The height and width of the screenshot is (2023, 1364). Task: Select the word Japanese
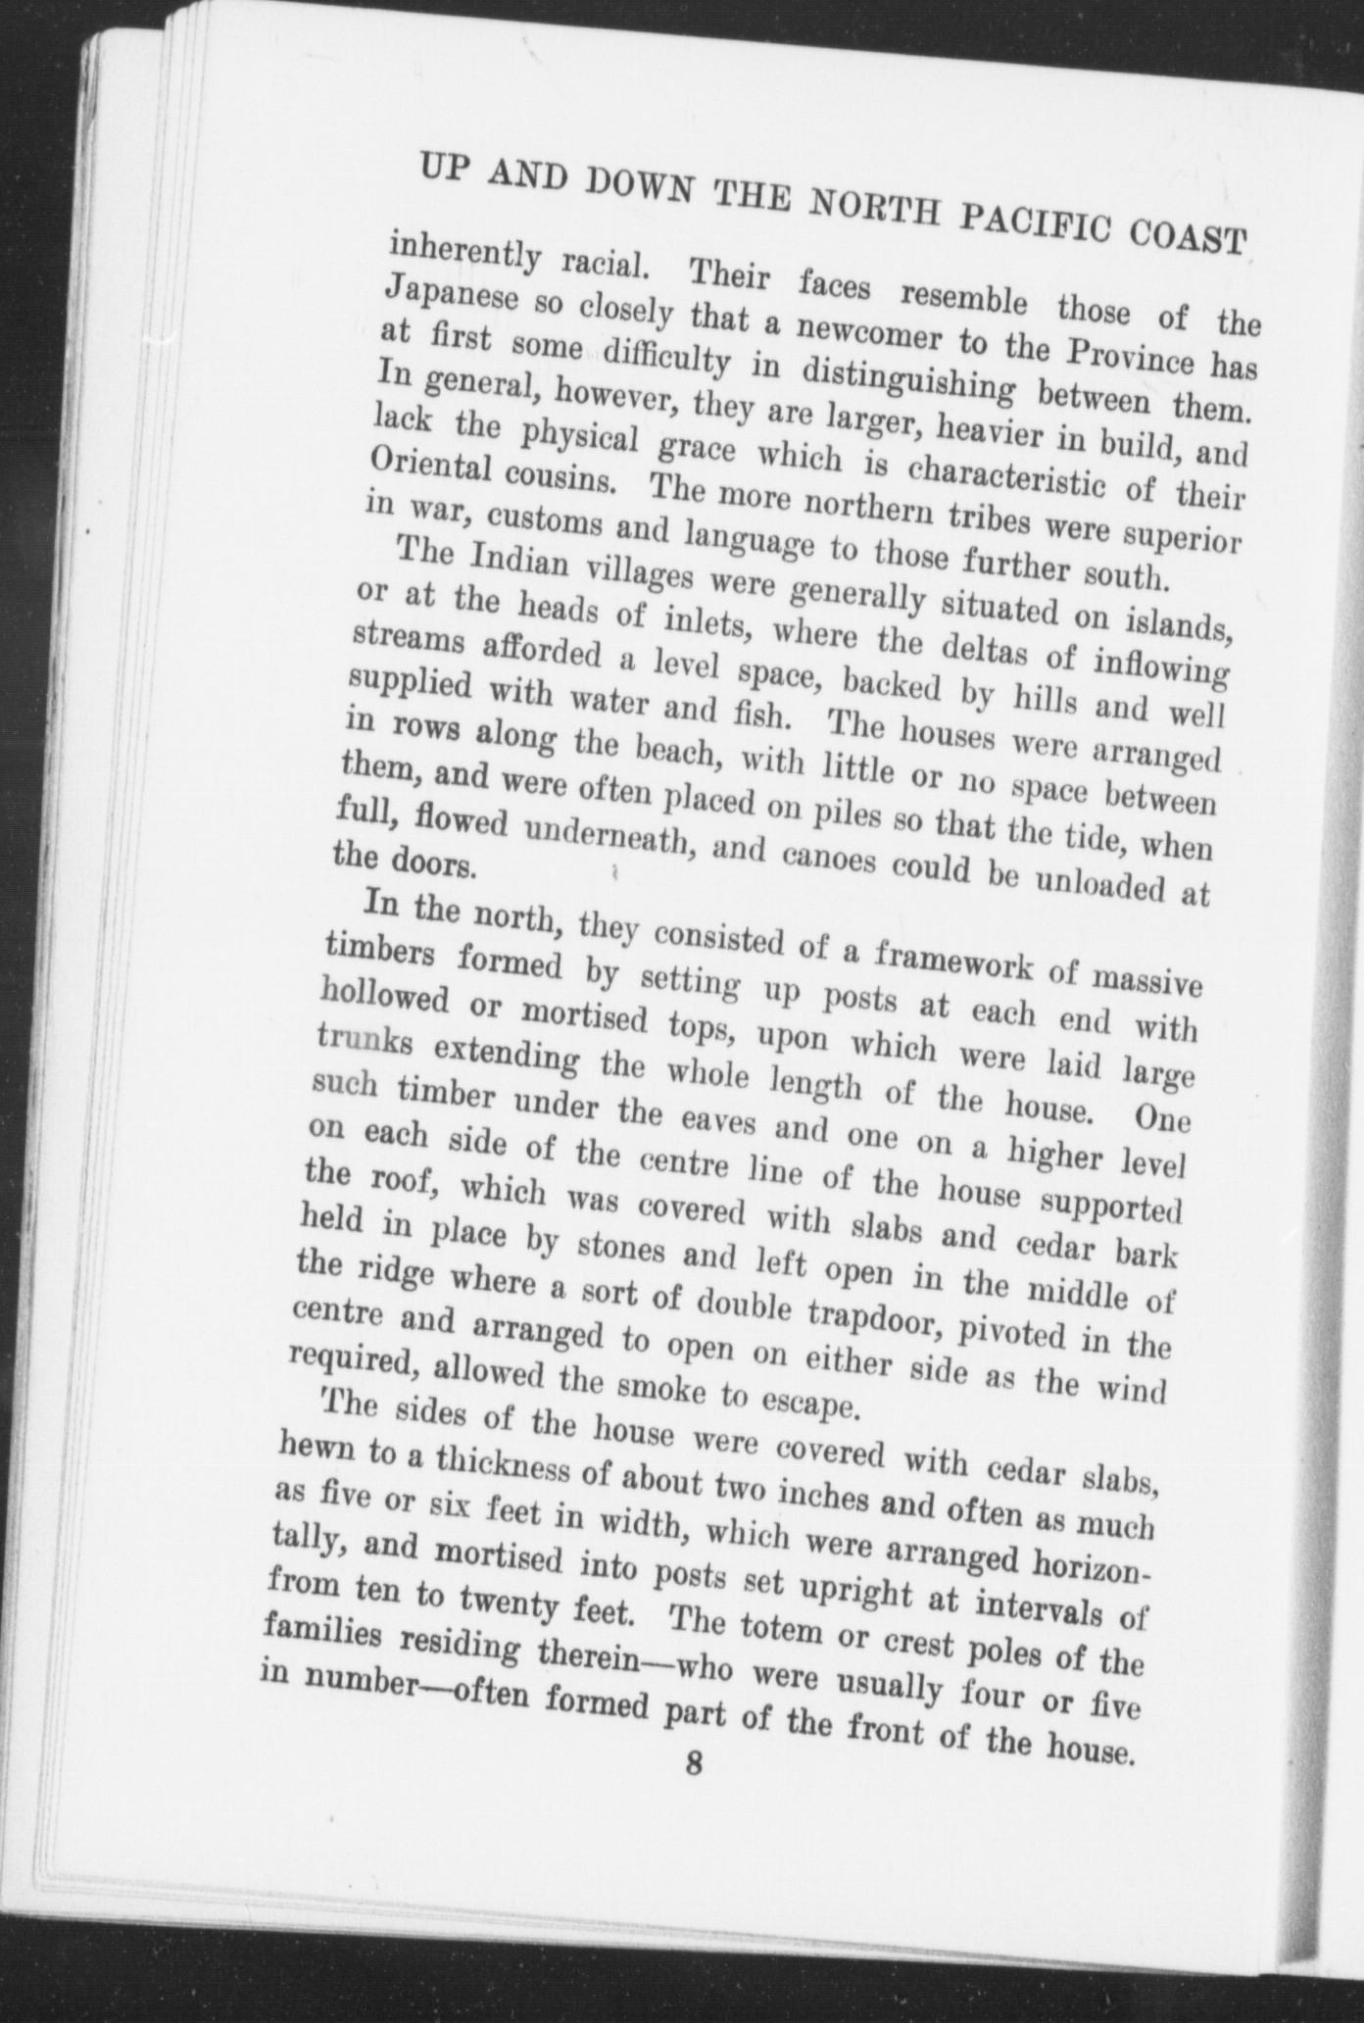[x=451, y=296]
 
